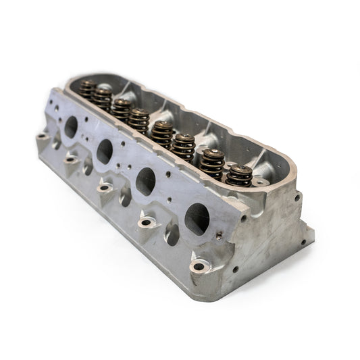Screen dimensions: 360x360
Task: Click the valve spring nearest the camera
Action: tap(238, 175)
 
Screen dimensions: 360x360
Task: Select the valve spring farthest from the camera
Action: tap(88, 88)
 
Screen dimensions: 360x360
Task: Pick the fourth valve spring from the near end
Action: tap(162, 134)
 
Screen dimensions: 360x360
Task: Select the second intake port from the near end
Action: tap(146, 181)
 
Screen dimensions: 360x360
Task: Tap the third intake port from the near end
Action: tap(104, 151)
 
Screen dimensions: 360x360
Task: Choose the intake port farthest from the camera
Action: tap(71, 126)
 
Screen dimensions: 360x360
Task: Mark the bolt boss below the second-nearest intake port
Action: tap(146, 222)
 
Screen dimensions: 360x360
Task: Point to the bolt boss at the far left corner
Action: tap(43, 137)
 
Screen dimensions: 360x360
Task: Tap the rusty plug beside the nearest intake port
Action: tap(219, 236)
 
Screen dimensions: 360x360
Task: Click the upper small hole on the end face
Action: tap(297, 198)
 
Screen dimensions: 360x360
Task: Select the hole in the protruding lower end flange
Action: tap(303, 241)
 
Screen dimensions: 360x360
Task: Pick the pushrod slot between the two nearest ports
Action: tap(172, 234)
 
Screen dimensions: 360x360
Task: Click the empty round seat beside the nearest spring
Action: tap(259, 182)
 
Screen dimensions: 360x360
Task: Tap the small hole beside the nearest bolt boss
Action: tap(236, 269)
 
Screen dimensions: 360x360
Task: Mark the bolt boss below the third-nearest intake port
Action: tap(105, 188)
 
